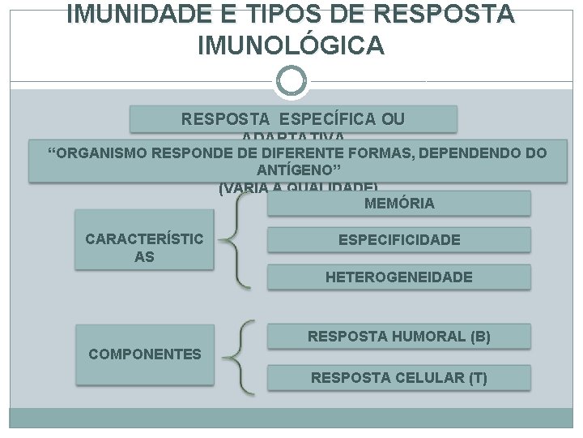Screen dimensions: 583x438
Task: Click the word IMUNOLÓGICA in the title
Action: (x=291, y=46)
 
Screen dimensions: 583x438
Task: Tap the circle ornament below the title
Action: (x=291, y=80)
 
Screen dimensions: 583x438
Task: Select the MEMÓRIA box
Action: (x=399, y=204)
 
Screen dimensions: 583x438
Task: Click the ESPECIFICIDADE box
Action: (x=399, y=240)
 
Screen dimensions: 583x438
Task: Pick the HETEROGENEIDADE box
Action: (x=399, y=277)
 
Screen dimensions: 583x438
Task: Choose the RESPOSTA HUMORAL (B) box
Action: (x=399, y=336)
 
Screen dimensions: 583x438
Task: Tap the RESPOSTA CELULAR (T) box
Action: (x=399, y=377)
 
